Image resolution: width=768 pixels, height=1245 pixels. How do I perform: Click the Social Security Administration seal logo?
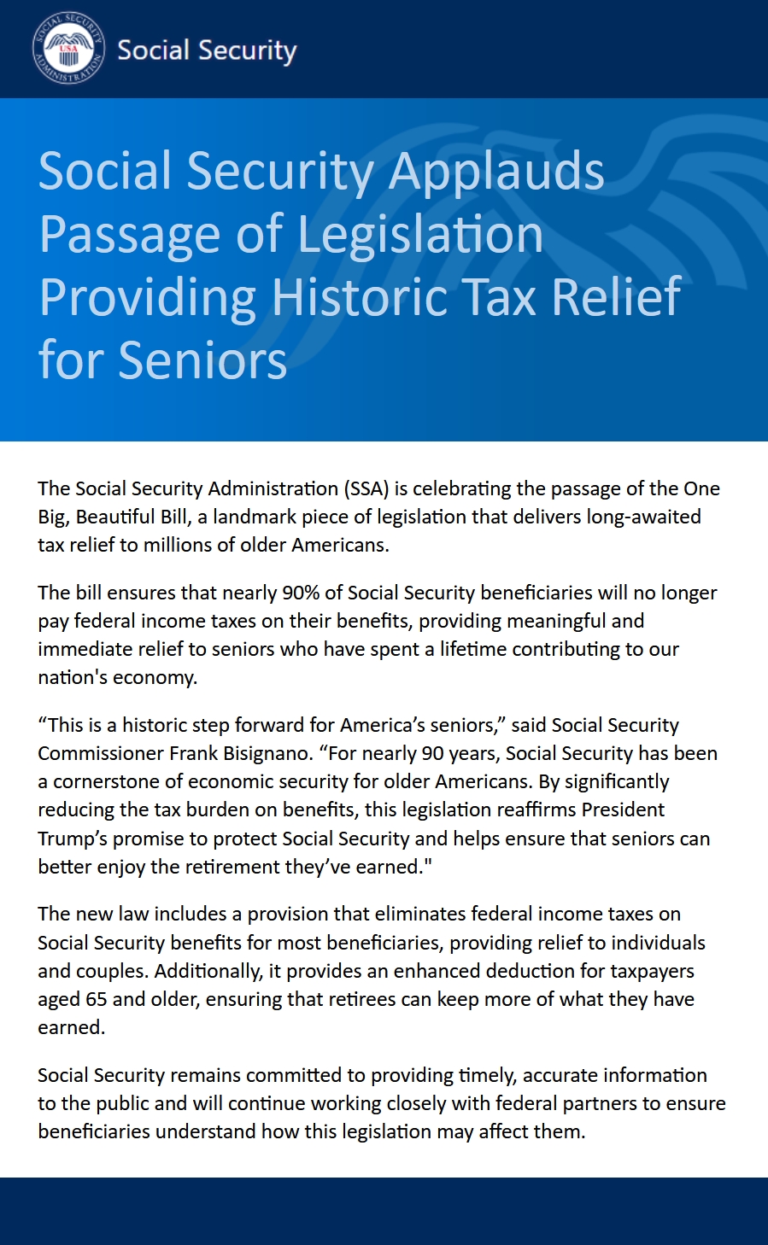tap(68, 49)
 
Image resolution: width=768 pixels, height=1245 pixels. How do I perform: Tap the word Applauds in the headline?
tap(496, 171)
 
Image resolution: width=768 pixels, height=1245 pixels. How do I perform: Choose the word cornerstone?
tap(107, 781)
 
